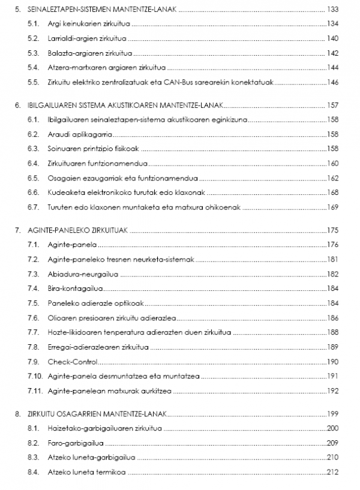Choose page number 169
(333, 207)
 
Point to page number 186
(333, 318)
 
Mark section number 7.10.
(35, 376)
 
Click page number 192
(333, 390)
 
